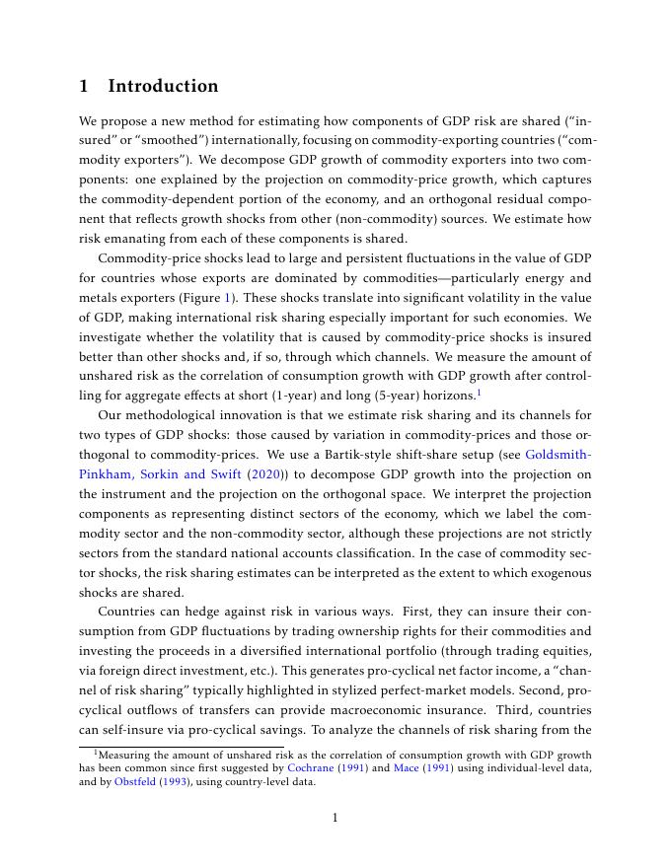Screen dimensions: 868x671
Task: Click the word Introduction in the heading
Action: tap(163, 86)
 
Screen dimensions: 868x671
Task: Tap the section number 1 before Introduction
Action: tap(85, 86)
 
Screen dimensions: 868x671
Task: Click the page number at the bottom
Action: tap(335, 817)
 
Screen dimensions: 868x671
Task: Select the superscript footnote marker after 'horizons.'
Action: tap(479, 391)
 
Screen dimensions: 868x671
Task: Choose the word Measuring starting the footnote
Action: tap(125, 754)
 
